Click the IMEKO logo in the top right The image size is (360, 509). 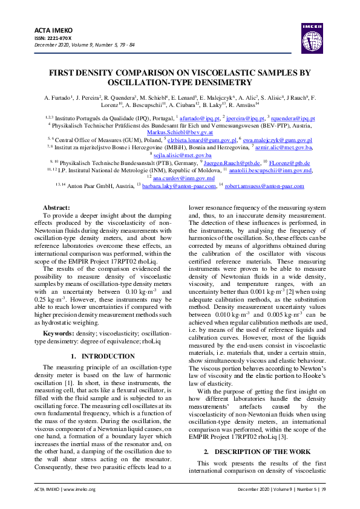point(310,35)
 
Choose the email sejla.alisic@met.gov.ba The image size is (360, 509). point(180,155)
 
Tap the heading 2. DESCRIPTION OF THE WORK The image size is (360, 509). point(257,451)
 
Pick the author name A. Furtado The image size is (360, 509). point(56,97)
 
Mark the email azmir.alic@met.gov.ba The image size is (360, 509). point(283,147)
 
